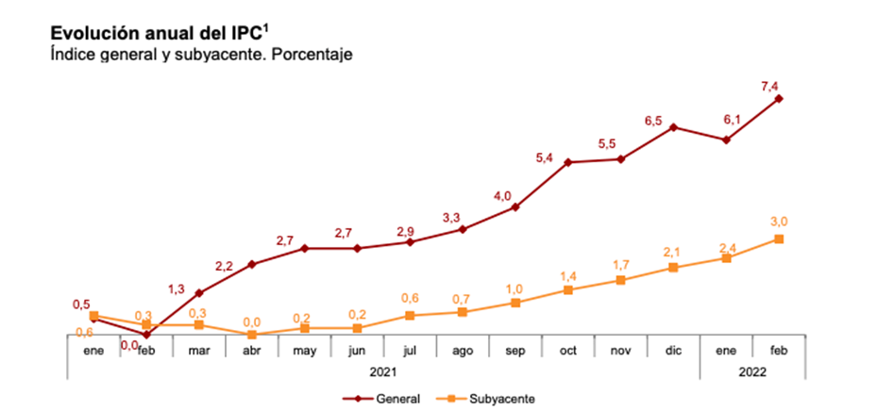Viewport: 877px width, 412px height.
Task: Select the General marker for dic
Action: [x=673, y=126]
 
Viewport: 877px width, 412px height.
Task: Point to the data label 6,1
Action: [x=726, y=120]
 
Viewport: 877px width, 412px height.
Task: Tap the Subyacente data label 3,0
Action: [x=779, y=222]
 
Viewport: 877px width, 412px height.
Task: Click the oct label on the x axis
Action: [x=568, y=350]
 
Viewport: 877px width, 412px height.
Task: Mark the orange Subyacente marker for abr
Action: [x=252, y=334]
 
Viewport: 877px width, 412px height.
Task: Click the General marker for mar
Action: [x=199, y=292]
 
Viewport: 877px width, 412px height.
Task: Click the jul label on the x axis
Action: [x=410, y=350]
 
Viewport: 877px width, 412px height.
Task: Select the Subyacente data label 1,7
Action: [x=621, y=264]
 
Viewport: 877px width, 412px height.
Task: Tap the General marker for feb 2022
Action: [x=779, y=98]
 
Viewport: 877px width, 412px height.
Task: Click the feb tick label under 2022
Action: [x=779, y=350]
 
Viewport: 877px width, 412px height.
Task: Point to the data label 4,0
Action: [x=502, y=196]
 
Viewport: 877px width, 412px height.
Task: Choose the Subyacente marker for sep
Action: [x=515, y=303]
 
